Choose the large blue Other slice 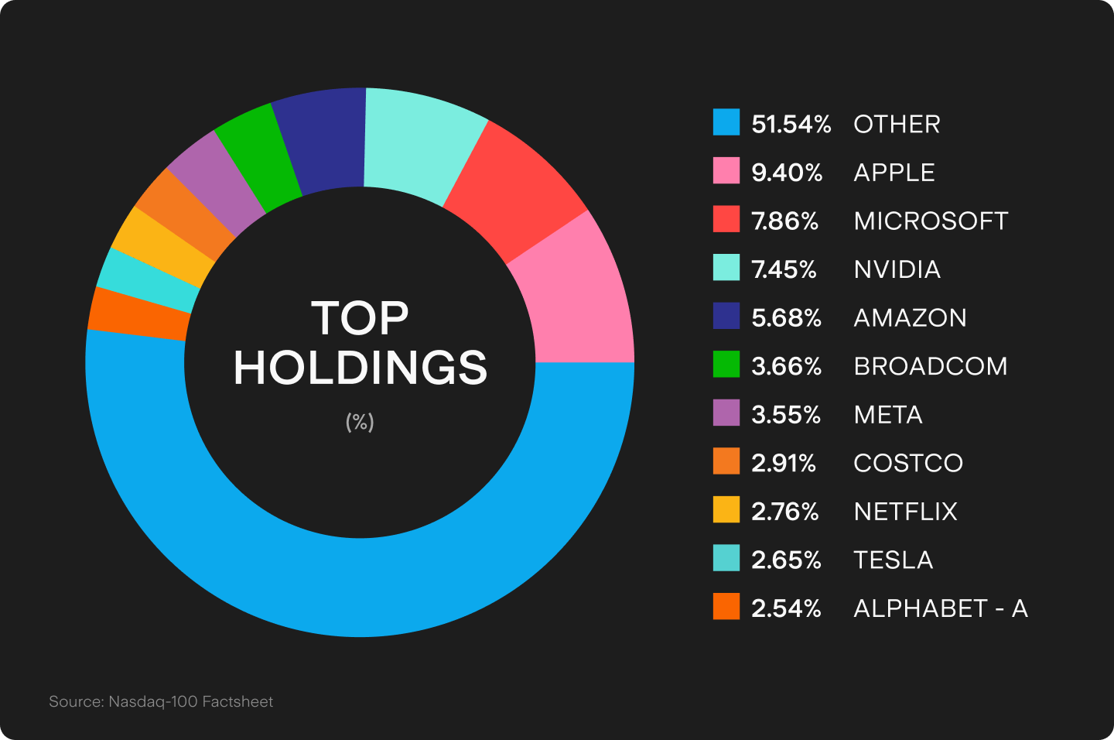[x=360, y=588]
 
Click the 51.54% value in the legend [x=791, y=124]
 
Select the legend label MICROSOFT [x=931, y=221]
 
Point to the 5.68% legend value [x=786, y=318]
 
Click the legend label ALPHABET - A [x=940, y=609]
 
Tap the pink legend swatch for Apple [x=726, y=171]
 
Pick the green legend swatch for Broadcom [x=726, y=365]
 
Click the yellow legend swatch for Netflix [x=726, y=510]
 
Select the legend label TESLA [x=893, y=560]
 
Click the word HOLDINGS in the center [x=361, y=368]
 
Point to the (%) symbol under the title [x=360, y=422]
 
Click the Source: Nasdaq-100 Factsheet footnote [x=161, y=702]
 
